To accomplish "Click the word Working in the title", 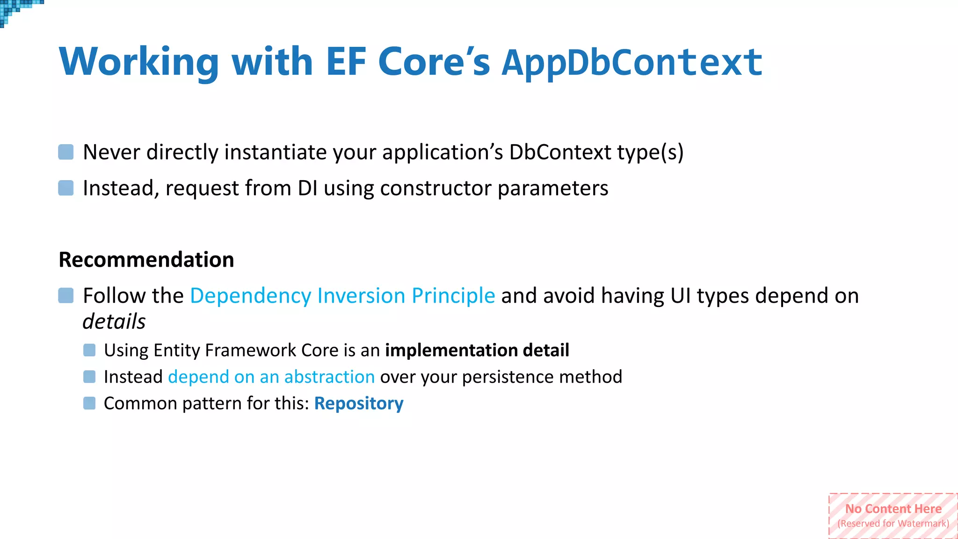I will (x=139, y=62).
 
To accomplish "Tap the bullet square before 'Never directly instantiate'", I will (x=66, y=152).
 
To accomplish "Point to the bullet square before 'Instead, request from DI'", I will (x=66, y=188).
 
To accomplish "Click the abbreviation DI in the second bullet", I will (x=307, y=188).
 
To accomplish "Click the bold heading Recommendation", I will (x=146, y=260).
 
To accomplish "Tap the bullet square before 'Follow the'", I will (x=66, y=296).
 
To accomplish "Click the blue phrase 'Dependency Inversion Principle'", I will (x=342, y=296).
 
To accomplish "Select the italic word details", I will (x=114, y=321).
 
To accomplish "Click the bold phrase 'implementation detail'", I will (x=477, y=350).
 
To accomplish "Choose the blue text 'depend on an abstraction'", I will (x=271, y=377).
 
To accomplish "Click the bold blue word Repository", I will (x=359, y=403).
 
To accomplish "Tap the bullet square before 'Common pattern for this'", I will (x=89, y=403).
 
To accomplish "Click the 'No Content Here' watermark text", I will (x=893, y=509).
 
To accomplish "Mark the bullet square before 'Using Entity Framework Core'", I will (x=89, y=350).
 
